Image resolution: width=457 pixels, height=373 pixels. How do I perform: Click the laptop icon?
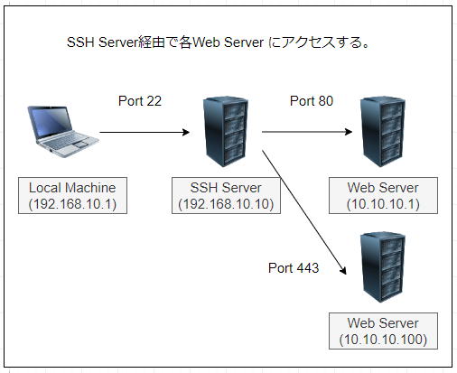(63, 131)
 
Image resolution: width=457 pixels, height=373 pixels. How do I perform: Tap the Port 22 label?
(140, 101)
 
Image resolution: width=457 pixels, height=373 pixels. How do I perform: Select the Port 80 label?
(312, 101)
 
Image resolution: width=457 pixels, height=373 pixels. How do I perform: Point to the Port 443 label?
(294, 268)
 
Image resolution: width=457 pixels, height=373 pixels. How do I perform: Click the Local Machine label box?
(72, 196)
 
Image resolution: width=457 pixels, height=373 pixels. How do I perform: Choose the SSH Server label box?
(226, 196)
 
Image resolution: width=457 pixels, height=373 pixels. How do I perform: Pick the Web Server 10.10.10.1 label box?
(383, 196)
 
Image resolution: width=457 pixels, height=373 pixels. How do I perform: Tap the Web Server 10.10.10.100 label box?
(383, 331)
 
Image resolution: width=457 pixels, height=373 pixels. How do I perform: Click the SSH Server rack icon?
(226, 132)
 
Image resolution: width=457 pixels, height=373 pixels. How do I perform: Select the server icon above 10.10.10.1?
(383, 132)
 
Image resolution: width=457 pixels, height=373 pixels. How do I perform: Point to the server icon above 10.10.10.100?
(383, 267)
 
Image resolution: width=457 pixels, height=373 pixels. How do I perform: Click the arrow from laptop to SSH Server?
(145, 132)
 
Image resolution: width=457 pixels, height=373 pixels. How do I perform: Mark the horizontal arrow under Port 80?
(307, 132)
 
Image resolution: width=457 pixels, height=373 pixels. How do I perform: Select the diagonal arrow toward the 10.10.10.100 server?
(304, 212)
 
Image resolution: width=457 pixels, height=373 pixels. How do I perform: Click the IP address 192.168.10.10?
(226, 204)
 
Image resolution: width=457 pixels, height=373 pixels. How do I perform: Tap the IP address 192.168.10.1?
(72, 204)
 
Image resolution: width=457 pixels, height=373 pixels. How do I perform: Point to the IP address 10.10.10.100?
(383, 340)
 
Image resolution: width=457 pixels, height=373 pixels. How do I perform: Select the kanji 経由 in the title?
(152, 42)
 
